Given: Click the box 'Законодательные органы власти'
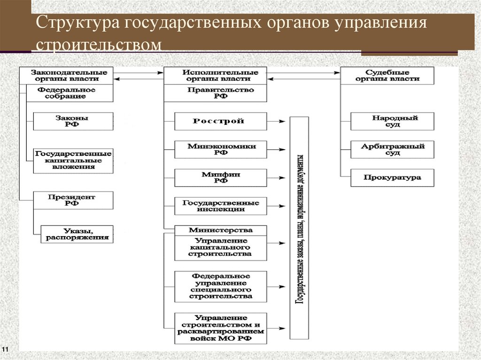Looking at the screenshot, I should [69, 76].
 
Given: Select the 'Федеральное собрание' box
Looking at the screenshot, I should [69, 93].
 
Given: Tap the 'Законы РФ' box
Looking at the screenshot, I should [73, 121].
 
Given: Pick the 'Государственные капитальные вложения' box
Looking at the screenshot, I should [73, 160].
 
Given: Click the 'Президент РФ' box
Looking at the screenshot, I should [73, 200].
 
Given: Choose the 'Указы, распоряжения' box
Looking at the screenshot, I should [77, 234].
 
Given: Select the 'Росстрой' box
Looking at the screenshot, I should [220, 121].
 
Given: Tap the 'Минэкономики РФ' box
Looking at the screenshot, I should [220, 149].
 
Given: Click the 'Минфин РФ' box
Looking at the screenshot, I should [220, 177].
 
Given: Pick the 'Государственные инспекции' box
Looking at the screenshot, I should [220, 206].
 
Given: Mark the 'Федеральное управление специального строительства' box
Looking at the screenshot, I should [220, 286].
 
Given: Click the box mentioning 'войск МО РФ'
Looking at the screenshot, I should [220, 328].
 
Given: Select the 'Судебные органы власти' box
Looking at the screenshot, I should [387, 76].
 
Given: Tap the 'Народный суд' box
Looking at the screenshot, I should [392, 121].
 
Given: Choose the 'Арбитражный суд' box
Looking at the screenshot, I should [392, 149].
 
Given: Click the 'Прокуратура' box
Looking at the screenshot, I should [392, 178].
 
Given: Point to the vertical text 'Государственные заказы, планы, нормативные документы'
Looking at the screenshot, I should [299, 228].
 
